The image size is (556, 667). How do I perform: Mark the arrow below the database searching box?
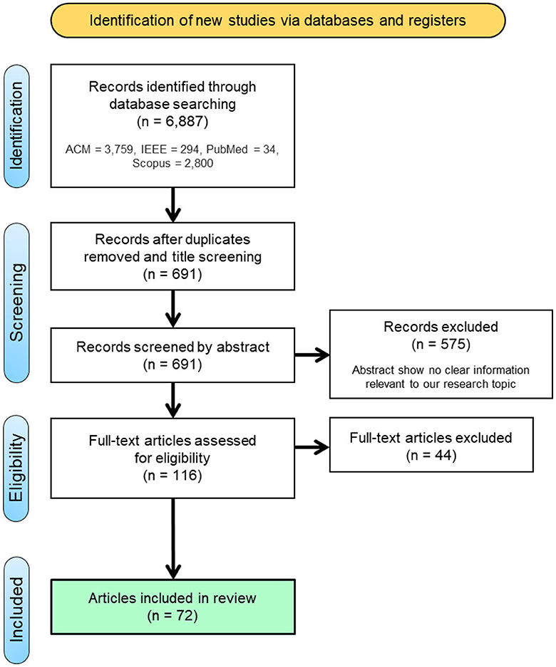173,203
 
